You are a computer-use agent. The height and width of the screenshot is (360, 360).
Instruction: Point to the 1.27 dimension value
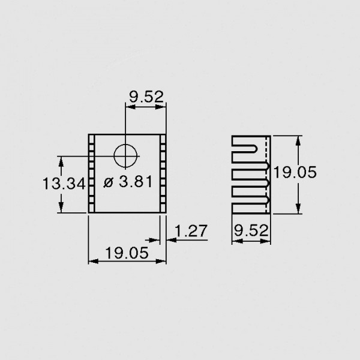(x=191, y=231)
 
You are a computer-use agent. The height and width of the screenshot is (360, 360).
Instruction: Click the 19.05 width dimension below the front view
(x=126, y=253)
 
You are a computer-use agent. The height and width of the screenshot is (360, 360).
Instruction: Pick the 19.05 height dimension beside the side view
(x=295, y=173)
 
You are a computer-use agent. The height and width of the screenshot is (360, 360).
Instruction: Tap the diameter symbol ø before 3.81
(x=107, y=183)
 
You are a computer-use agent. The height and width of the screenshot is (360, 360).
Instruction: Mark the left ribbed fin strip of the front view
(x=91, y=173)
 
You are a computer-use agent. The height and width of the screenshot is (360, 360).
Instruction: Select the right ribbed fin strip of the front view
(x=162, y=173)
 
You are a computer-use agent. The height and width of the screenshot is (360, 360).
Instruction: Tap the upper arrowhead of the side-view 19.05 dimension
(x=298, y=139)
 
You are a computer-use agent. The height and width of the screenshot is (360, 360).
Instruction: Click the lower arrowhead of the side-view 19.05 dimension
(x=298, y=209)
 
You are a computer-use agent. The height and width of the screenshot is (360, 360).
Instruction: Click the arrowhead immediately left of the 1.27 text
(x=170, y=240)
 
